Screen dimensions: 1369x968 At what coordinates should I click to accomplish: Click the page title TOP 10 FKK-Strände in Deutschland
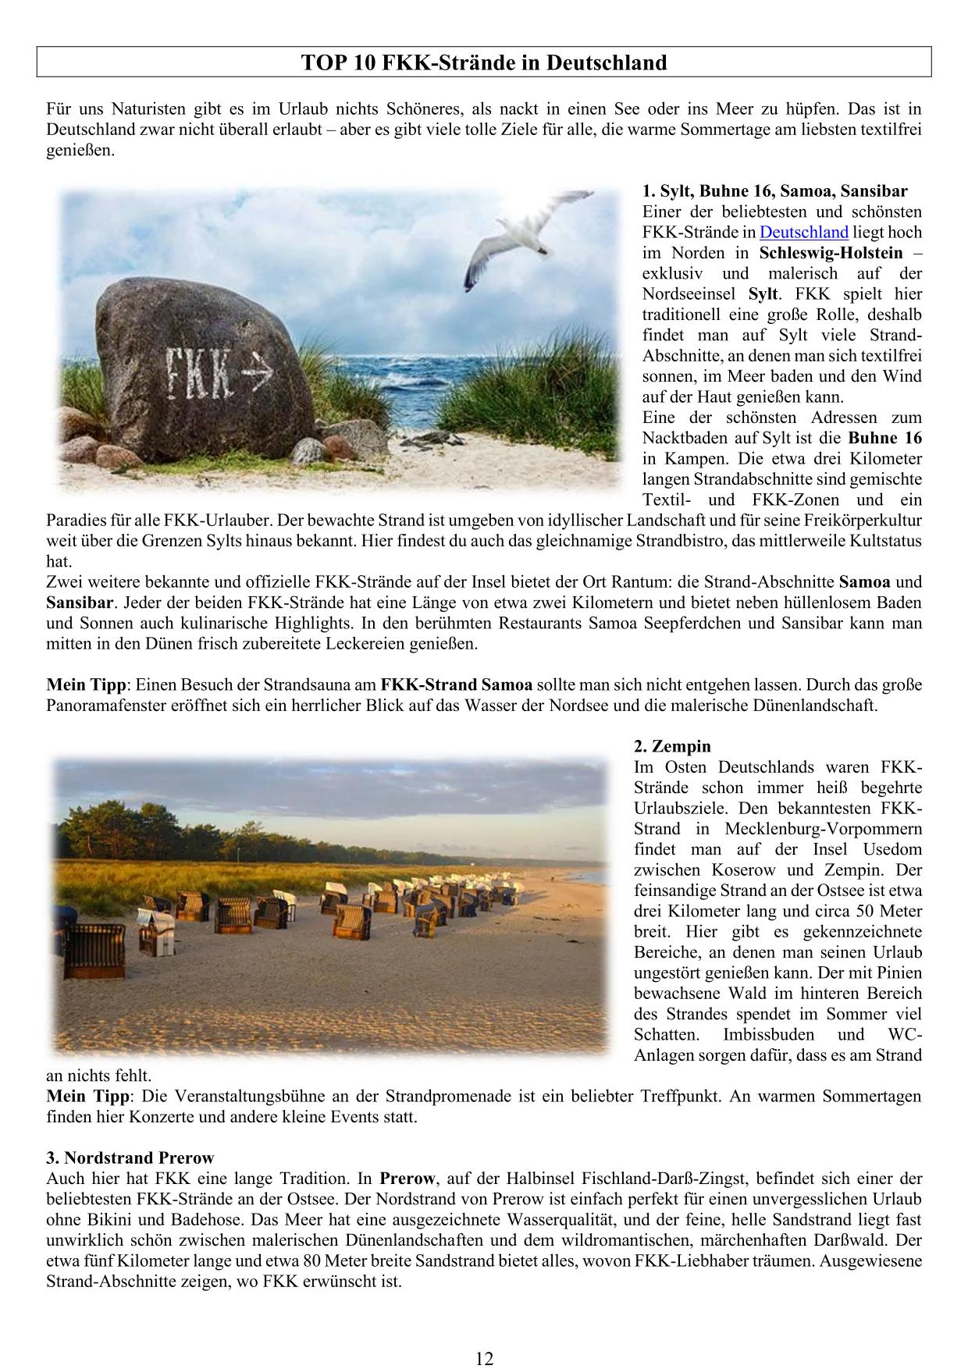pos(484,62)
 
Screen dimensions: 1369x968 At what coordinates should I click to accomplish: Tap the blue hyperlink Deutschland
pos(803,233)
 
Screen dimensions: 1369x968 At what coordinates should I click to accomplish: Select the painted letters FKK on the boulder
pos(199,373)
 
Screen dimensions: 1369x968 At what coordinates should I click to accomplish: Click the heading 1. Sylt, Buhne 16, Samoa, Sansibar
pos(774,191)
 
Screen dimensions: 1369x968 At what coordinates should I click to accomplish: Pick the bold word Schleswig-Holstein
pos(831,253)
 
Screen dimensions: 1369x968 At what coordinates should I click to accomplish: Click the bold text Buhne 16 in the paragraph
pos(884,438)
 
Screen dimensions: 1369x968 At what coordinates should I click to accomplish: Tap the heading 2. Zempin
pos(672,747)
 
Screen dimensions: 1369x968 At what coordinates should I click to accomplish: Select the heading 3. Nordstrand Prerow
pos(130,1157)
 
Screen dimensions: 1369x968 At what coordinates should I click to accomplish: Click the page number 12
pos(484,1359)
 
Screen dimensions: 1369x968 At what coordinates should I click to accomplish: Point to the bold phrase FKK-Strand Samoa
pos(456,685)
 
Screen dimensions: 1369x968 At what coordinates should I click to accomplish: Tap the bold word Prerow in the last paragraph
pos(407,1179)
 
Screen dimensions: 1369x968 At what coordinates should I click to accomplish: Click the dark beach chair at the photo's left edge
pos(94,951)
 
